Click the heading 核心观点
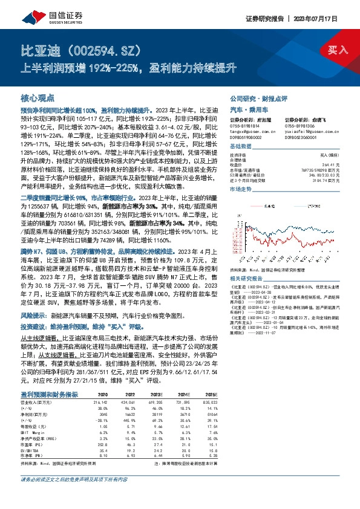38,98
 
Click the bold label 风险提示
34,316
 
